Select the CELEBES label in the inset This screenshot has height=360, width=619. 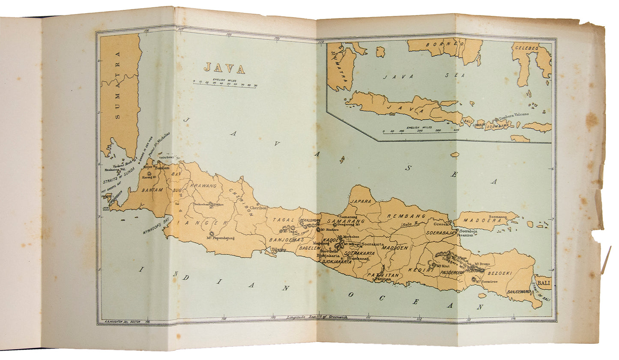pyautogui.click(x=526, y=48)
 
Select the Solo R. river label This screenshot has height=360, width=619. pyautogui.click(x=409, y=225)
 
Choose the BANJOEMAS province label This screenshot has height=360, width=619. pyautogui.click(x=283, y=240)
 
